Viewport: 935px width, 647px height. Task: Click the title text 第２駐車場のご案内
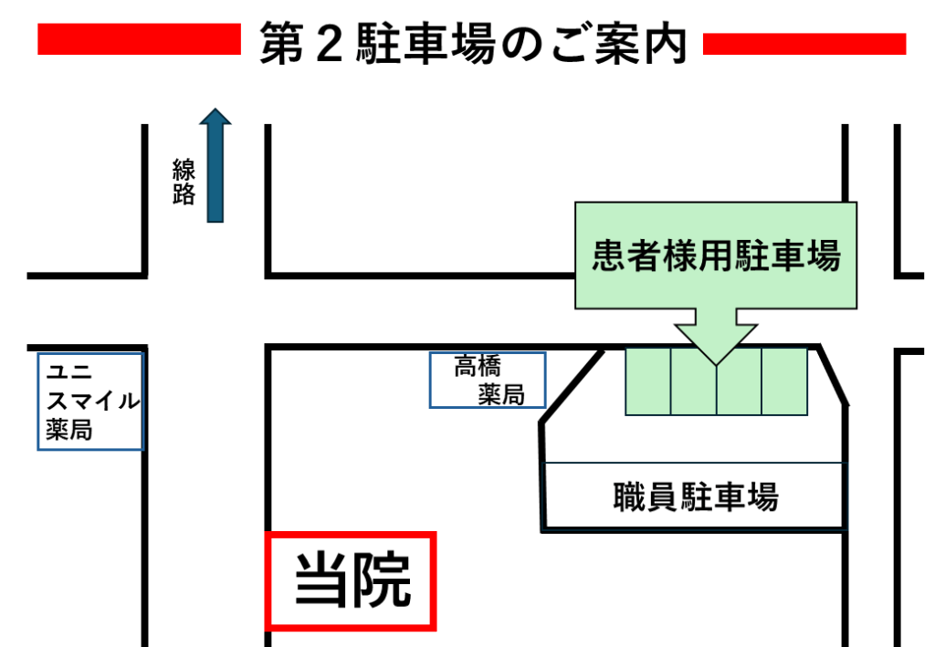[472, 44]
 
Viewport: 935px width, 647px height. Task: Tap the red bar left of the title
[137, 40]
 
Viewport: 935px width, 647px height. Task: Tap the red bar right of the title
[804, 44]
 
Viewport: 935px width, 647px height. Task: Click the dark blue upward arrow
[215, 165]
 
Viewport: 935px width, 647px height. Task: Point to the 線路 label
[184, 182]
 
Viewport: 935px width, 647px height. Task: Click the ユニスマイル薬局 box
[91, 402]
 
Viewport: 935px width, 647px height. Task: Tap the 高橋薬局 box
[488, 380]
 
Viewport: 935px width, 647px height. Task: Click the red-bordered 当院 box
[351, 580]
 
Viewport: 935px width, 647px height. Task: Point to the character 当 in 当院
[320, 580]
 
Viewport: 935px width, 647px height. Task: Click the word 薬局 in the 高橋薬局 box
[501, 394]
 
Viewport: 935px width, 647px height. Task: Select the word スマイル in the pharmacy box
[93, 401]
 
